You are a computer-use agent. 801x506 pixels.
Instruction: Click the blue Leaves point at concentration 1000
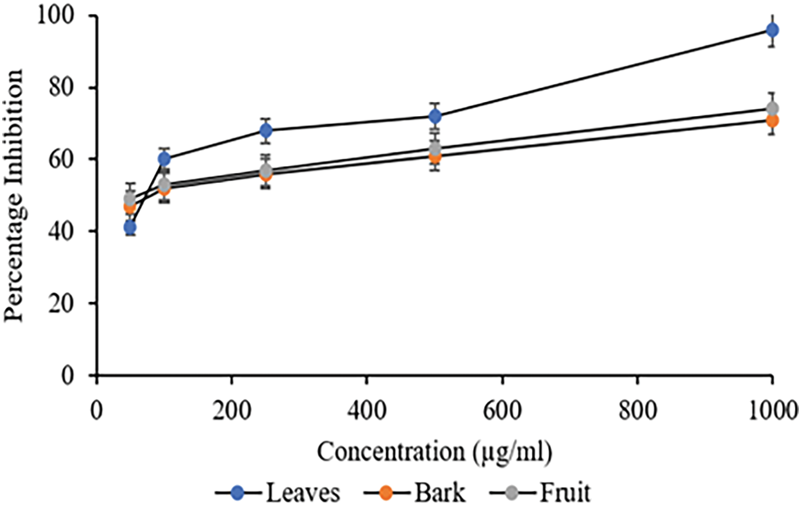point(772,30)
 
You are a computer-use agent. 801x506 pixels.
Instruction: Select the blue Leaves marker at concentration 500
point(435,116)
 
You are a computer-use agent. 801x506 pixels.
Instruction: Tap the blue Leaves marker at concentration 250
point(266,130)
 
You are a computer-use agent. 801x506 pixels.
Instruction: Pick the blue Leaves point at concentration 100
point(164,159)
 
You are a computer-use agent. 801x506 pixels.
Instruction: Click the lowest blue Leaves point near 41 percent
point(130,227)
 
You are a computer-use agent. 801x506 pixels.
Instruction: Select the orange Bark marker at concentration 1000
point(772,121)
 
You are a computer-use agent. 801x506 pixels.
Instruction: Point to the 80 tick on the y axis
point(61,87)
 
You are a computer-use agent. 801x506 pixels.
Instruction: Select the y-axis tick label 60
point(61,159)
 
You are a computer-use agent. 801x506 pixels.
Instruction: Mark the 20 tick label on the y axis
point(61,303)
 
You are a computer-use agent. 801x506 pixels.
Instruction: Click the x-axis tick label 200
point(232,410)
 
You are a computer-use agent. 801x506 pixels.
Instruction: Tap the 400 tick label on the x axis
point(367,410)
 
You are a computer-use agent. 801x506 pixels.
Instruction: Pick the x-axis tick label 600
point(502,410)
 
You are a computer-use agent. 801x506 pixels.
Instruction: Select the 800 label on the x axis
point(637,410)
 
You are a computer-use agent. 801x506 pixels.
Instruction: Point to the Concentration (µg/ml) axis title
point(434,452)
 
